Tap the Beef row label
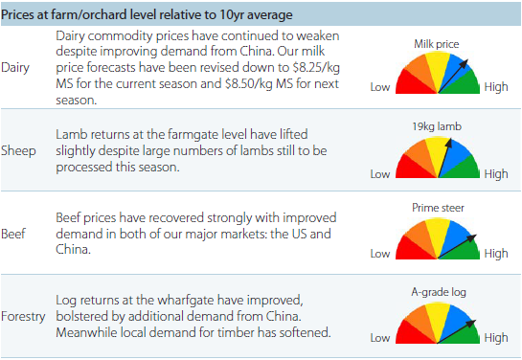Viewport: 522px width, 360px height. (x=14, y=232)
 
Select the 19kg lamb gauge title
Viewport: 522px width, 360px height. (x=438, y=125)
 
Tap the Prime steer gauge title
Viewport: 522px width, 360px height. (x=438, y=207)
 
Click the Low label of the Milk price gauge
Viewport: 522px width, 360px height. (x=379, y=87)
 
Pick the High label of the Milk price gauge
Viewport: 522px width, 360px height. (x=496, y=87)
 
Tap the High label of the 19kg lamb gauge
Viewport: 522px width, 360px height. (x=496, y=173)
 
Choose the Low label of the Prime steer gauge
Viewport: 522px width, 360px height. (x=379, y=254)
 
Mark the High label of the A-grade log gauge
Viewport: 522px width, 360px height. (x=496, y=337)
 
